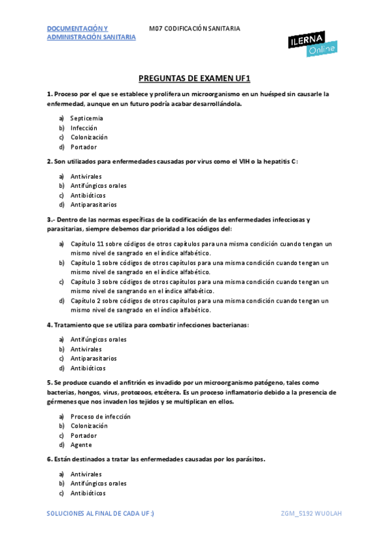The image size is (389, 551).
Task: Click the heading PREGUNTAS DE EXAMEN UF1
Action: click(x=194, y=78)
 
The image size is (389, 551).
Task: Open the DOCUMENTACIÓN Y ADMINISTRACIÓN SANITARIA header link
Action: click(x=91, y=33)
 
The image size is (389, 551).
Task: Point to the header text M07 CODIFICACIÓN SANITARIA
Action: click(x=194, y=29)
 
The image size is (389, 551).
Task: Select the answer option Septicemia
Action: click(x=86, y=118)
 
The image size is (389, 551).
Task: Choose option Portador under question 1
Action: click(x=83, y=147)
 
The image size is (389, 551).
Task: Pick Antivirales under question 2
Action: click(x=86, y=176)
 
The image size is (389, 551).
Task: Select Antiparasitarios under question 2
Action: click(x=94, y=205)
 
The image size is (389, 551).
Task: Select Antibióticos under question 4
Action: click(x=88, y=368)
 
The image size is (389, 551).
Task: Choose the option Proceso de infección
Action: click(x=100, y=416)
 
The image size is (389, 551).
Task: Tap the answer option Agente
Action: click(x=81, y=445)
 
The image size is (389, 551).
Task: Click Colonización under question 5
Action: click(x=89, y=426)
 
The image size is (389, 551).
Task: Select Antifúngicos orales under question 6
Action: click(x=98, y=483)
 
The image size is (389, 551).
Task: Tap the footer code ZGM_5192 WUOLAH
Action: click(x=311, y=513)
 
